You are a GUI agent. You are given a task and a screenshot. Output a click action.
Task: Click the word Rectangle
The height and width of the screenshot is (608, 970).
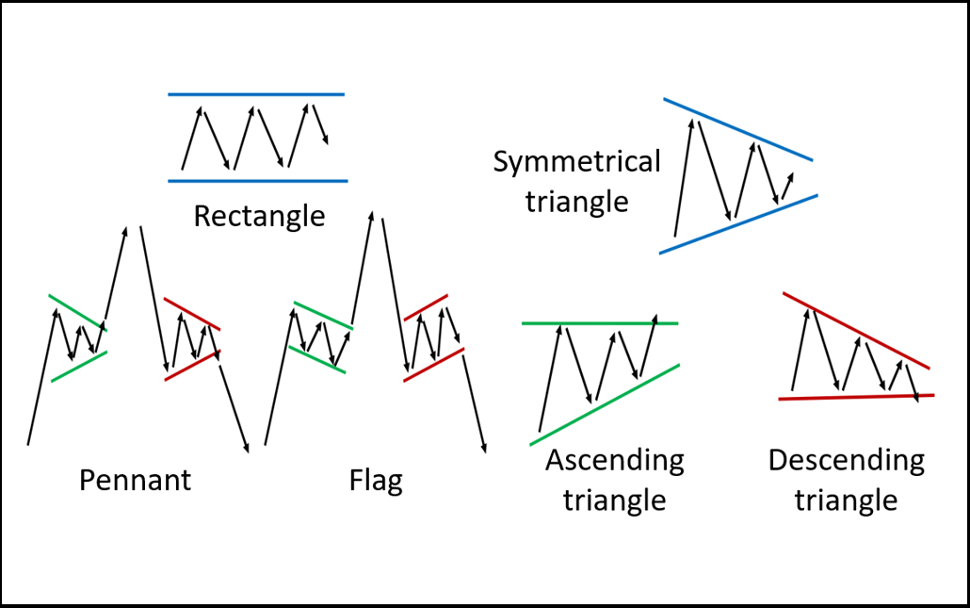pos(259,217)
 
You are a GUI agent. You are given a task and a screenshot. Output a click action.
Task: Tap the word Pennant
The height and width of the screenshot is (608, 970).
pos(135,481)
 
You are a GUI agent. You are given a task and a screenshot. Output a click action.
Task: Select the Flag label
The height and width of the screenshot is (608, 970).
pos(376,481)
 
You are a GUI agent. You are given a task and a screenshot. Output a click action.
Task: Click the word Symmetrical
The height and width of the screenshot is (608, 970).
pos(577,162)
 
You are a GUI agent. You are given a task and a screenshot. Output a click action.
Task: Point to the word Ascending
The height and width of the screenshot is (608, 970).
pos(614,461)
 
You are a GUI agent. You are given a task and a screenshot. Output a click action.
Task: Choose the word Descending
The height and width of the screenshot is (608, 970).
pos(846,461)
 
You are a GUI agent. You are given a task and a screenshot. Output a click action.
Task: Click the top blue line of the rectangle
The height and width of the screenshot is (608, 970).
pos(256,94)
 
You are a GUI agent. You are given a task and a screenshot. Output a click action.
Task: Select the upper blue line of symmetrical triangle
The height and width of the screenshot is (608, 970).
pos(737,129)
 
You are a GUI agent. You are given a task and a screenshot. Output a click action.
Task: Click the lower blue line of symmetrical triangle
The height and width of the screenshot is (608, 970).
pos(738,224)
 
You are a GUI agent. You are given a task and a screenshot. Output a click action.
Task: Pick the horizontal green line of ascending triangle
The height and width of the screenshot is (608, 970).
pos(600,323)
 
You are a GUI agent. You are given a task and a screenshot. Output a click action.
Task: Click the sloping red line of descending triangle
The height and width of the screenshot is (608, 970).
pos(856,331)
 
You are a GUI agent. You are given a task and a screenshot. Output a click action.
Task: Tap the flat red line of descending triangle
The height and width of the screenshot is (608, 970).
pos(857,397)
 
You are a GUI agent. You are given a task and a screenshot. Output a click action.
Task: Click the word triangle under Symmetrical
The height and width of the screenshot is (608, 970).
pos(576,202)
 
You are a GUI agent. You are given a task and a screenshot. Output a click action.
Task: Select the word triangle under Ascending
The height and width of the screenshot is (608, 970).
pos(614,500)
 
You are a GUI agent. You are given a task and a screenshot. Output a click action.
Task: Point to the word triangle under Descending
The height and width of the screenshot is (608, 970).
pos(846,500)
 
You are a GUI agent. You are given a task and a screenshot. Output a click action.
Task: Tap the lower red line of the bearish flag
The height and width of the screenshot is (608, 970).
pos(433,365)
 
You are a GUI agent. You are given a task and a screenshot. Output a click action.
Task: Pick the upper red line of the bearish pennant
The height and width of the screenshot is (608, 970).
pos(192,314)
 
